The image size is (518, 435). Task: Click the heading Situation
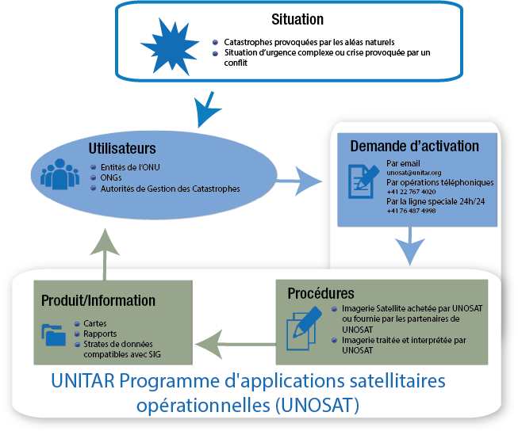297,19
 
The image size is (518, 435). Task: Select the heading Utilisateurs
121,148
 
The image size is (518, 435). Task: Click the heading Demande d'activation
414,146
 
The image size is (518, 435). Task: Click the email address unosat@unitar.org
414,172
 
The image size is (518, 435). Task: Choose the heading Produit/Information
99,300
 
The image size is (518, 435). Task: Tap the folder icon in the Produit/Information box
54,333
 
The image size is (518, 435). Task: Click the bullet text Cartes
95,323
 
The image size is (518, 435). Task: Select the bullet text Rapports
100,333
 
